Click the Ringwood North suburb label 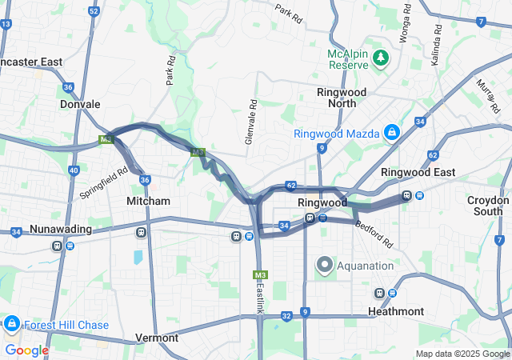[342, 98]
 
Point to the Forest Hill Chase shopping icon [11, 324]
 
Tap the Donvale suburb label [80, 104]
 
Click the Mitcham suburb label [148, 202]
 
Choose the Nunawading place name [60, 230]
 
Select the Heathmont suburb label [396, 310]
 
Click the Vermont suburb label [157, 338]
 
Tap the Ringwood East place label [418, 172]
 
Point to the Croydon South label [488, 206]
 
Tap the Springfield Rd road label [104, 183]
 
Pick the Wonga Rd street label [406, 29]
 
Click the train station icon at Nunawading [57, 246]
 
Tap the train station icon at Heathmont [379, 294]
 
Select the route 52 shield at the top [94, 11]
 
